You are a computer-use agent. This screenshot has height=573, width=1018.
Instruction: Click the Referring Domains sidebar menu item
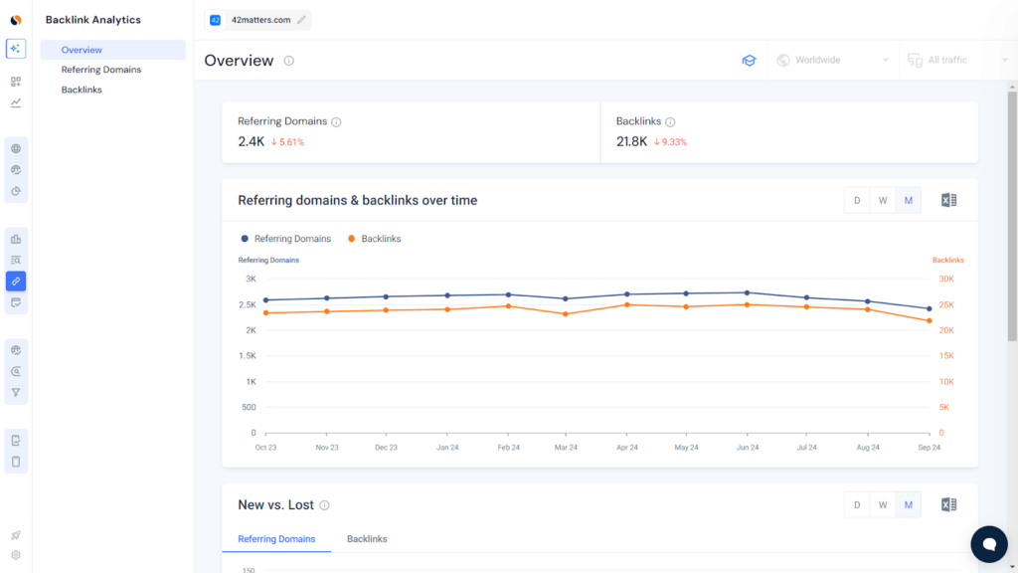(100, 70)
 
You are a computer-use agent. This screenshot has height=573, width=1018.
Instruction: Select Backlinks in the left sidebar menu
(82, 90)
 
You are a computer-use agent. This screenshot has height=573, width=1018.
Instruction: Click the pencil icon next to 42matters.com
(301, 20)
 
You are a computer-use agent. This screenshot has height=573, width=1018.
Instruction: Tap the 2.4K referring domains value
(251, 141)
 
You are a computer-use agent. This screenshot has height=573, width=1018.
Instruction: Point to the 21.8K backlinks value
(631, 141)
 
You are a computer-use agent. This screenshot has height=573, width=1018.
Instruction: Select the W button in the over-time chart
(882, 200)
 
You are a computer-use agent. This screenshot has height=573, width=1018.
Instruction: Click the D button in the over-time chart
(857, 200)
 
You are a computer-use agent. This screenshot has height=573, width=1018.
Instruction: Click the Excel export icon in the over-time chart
(948, 200)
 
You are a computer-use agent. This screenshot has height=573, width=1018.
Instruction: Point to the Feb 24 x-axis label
(508, 448)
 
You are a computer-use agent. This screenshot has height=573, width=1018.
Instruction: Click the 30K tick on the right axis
(946, 280)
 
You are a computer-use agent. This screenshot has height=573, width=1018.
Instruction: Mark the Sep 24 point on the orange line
(929, 320)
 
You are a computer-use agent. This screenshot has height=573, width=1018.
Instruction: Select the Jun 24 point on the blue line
(748, 292)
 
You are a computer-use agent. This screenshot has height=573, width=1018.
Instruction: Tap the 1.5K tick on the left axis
(248, 356)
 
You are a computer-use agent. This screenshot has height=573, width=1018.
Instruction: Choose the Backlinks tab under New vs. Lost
(367, 539)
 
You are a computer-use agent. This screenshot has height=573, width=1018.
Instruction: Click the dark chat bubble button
(988, 544)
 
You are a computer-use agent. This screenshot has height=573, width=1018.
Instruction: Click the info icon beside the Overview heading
(288, 61)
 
